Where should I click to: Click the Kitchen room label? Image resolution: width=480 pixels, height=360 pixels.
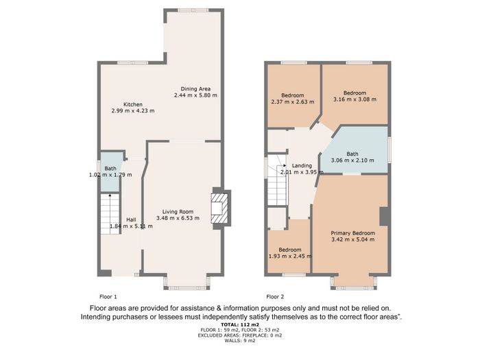tap(133, 104)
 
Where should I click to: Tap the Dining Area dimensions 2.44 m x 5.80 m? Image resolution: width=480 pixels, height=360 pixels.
tap(195, 95)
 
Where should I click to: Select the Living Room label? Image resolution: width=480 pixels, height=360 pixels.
tap(178, 211)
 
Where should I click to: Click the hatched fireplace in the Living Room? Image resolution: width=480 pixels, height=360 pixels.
tap(220, 208)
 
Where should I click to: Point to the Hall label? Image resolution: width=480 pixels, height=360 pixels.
tap(132, 220)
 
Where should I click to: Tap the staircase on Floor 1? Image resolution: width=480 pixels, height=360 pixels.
tap(110, 214)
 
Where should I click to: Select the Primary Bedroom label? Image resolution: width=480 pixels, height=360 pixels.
tap(353, 233)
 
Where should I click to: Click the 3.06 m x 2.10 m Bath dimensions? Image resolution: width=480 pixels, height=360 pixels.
tap(352, 160)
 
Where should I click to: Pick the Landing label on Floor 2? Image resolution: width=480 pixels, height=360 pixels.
tap(302, 166)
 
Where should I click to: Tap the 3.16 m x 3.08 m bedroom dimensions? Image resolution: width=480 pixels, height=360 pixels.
tap(355, 99)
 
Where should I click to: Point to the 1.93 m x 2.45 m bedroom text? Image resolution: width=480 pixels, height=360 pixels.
tap(290, 256)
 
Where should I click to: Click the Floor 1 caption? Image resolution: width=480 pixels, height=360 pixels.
tap(108, 297)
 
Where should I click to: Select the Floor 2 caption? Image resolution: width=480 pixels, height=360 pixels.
tap(275, 297)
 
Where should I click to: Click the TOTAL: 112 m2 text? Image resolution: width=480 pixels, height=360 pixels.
tap(240, 324)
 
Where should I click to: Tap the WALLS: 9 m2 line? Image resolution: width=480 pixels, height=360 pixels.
tap(240, 340)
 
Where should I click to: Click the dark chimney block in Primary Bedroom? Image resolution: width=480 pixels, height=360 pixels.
tap(384, 217)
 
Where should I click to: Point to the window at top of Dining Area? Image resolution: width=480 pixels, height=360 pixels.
tap(193, 10)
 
